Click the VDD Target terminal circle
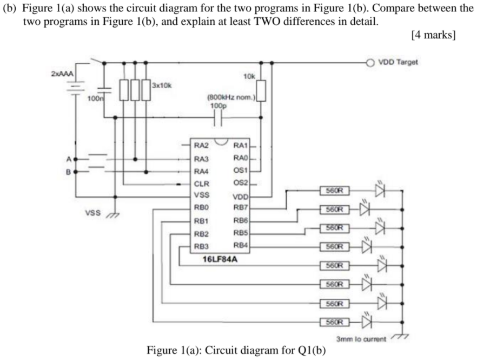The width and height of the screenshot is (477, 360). [x=370, y=62]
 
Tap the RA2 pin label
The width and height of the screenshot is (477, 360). [x=201, y=145]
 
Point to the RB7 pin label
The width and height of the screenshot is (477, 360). [x=240, y=207]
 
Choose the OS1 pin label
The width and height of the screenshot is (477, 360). [x=240, y=171]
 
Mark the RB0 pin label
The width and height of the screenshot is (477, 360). [x=201, y=207]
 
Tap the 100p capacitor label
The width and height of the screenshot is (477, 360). [x=217, y=107]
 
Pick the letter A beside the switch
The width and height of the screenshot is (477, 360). [x=69, y=159]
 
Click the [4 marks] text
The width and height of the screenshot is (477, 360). [x=433, y=35]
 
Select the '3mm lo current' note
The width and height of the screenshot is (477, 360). [x=361, y=339]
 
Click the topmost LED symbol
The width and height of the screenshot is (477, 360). [x=381, y=190]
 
